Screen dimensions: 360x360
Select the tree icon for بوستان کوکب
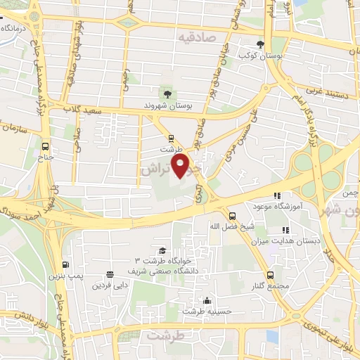(261, 44)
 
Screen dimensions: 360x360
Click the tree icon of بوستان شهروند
(167, 95)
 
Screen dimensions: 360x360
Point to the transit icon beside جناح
(46, 146)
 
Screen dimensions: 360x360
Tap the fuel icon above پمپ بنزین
(65, 265)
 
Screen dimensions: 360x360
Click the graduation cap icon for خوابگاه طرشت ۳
(162, 251)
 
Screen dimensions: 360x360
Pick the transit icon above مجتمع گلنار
(271, 275)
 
